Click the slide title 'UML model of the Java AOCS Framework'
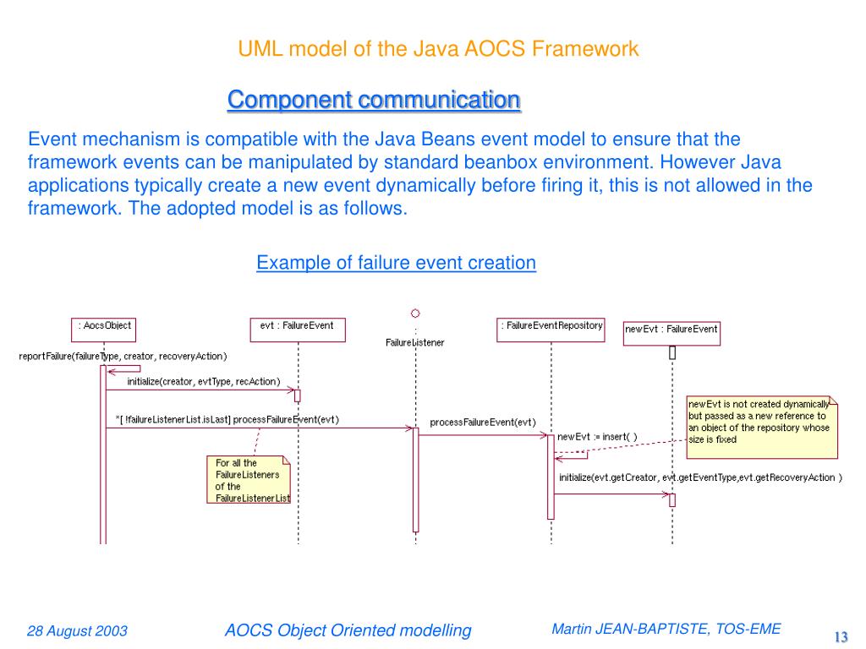(438, 48)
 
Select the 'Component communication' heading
(374, 100)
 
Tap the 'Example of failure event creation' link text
(396, 263)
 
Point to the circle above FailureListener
(415, 313)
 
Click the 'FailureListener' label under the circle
(414, 342)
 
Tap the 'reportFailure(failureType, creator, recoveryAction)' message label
(123, 357)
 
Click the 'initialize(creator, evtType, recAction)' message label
(203, 382)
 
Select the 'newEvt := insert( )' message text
(597, 437)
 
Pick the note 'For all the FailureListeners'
(248, 480)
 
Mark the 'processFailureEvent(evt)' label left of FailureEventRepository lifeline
(482, 423)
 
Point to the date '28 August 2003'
(77, 631)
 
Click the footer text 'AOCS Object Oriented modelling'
(348, 630)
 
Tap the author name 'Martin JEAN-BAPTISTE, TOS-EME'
(666, 629)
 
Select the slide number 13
(841, 636)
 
